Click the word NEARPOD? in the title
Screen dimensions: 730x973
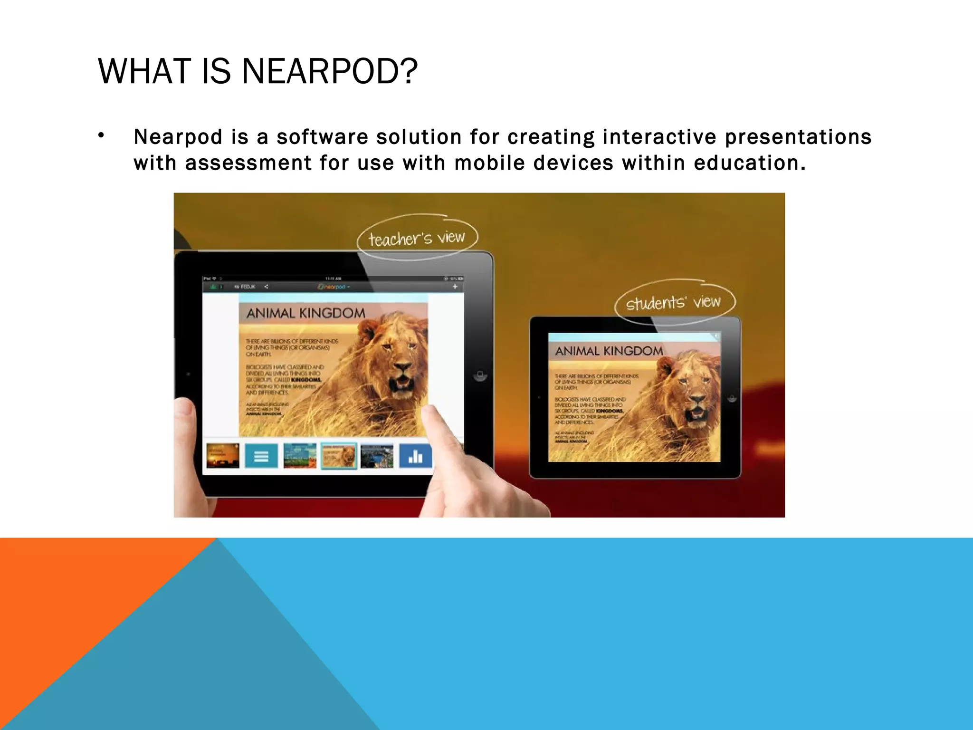pos(330,71)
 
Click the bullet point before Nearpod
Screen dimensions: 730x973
pos(101,136)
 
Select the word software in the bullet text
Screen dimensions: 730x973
pos(322,137)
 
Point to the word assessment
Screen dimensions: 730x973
pos(248,163)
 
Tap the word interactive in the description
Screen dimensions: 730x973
pos(659,137)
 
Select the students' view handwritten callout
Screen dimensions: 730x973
pos(673,302)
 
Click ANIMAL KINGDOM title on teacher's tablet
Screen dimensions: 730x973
pos(305,313)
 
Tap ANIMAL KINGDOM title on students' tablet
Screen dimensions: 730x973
pos(609,351)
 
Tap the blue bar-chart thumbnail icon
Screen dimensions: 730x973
pos(415,456)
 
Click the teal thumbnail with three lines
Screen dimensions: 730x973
pos(261,456)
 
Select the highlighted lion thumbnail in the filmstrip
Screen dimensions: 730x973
pos(338,456)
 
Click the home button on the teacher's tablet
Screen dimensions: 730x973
pos(480,376)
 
